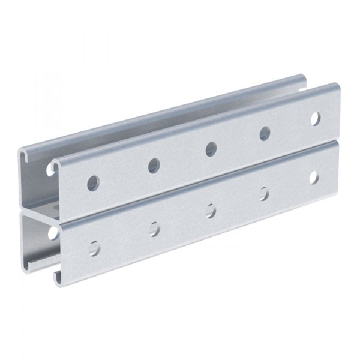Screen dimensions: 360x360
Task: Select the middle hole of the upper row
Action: [211, 148]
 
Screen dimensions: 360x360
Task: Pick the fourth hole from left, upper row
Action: [265, 133]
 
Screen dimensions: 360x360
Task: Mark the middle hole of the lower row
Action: [211, 209]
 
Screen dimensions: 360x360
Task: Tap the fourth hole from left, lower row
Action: [264, 193]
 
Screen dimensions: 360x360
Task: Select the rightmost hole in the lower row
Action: [314, 177]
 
